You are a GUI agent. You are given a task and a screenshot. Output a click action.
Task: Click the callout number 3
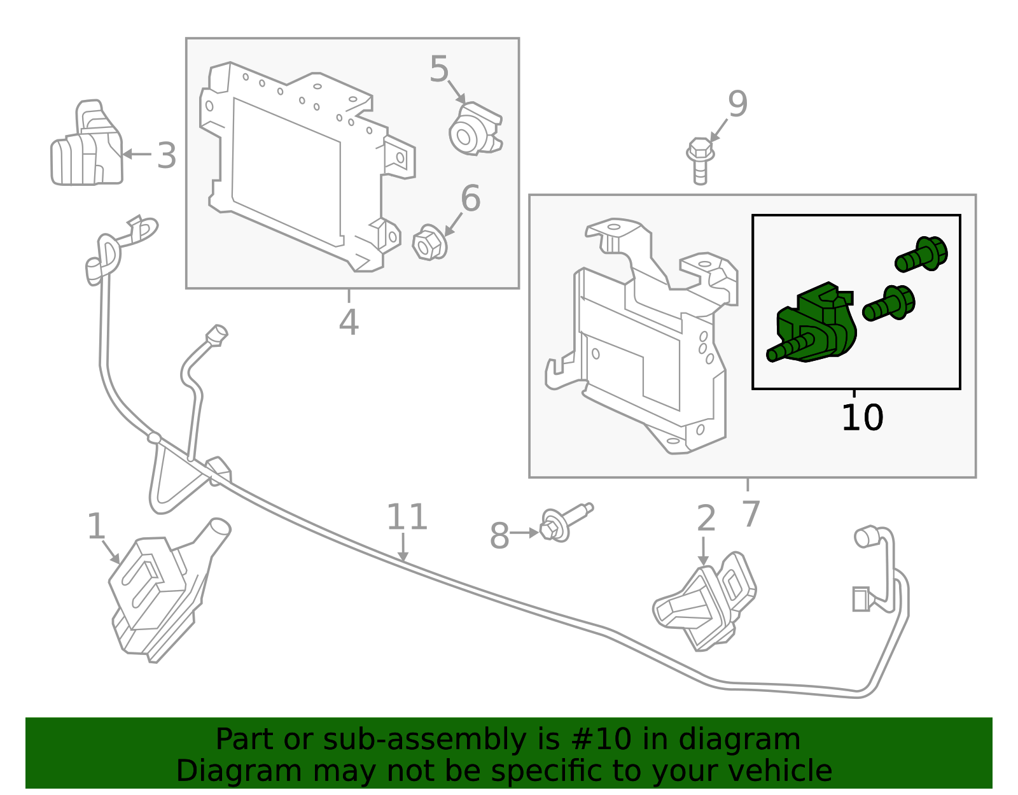click(167, 156)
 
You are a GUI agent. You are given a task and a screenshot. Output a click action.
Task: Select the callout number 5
click(439, 69)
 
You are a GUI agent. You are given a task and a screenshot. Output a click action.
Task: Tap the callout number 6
click(470, 199)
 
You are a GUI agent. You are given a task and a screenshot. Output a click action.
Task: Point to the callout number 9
click(737, 104)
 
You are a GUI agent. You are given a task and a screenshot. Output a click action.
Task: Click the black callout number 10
click(862, 418)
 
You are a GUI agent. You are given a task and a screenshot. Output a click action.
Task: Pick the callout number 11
click(407, 517)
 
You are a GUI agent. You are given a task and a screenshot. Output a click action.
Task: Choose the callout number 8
click(499, 536)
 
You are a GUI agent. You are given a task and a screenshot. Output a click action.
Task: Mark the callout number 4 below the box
click(349, 322)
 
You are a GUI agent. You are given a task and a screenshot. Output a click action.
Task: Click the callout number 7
click(751, 514)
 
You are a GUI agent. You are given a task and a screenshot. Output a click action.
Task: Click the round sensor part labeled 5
click(474, 130)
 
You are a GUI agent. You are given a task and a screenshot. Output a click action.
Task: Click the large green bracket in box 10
click(818, 325)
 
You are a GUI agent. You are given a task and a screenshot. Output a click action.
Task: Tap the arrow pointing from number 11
click(403, 547)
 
